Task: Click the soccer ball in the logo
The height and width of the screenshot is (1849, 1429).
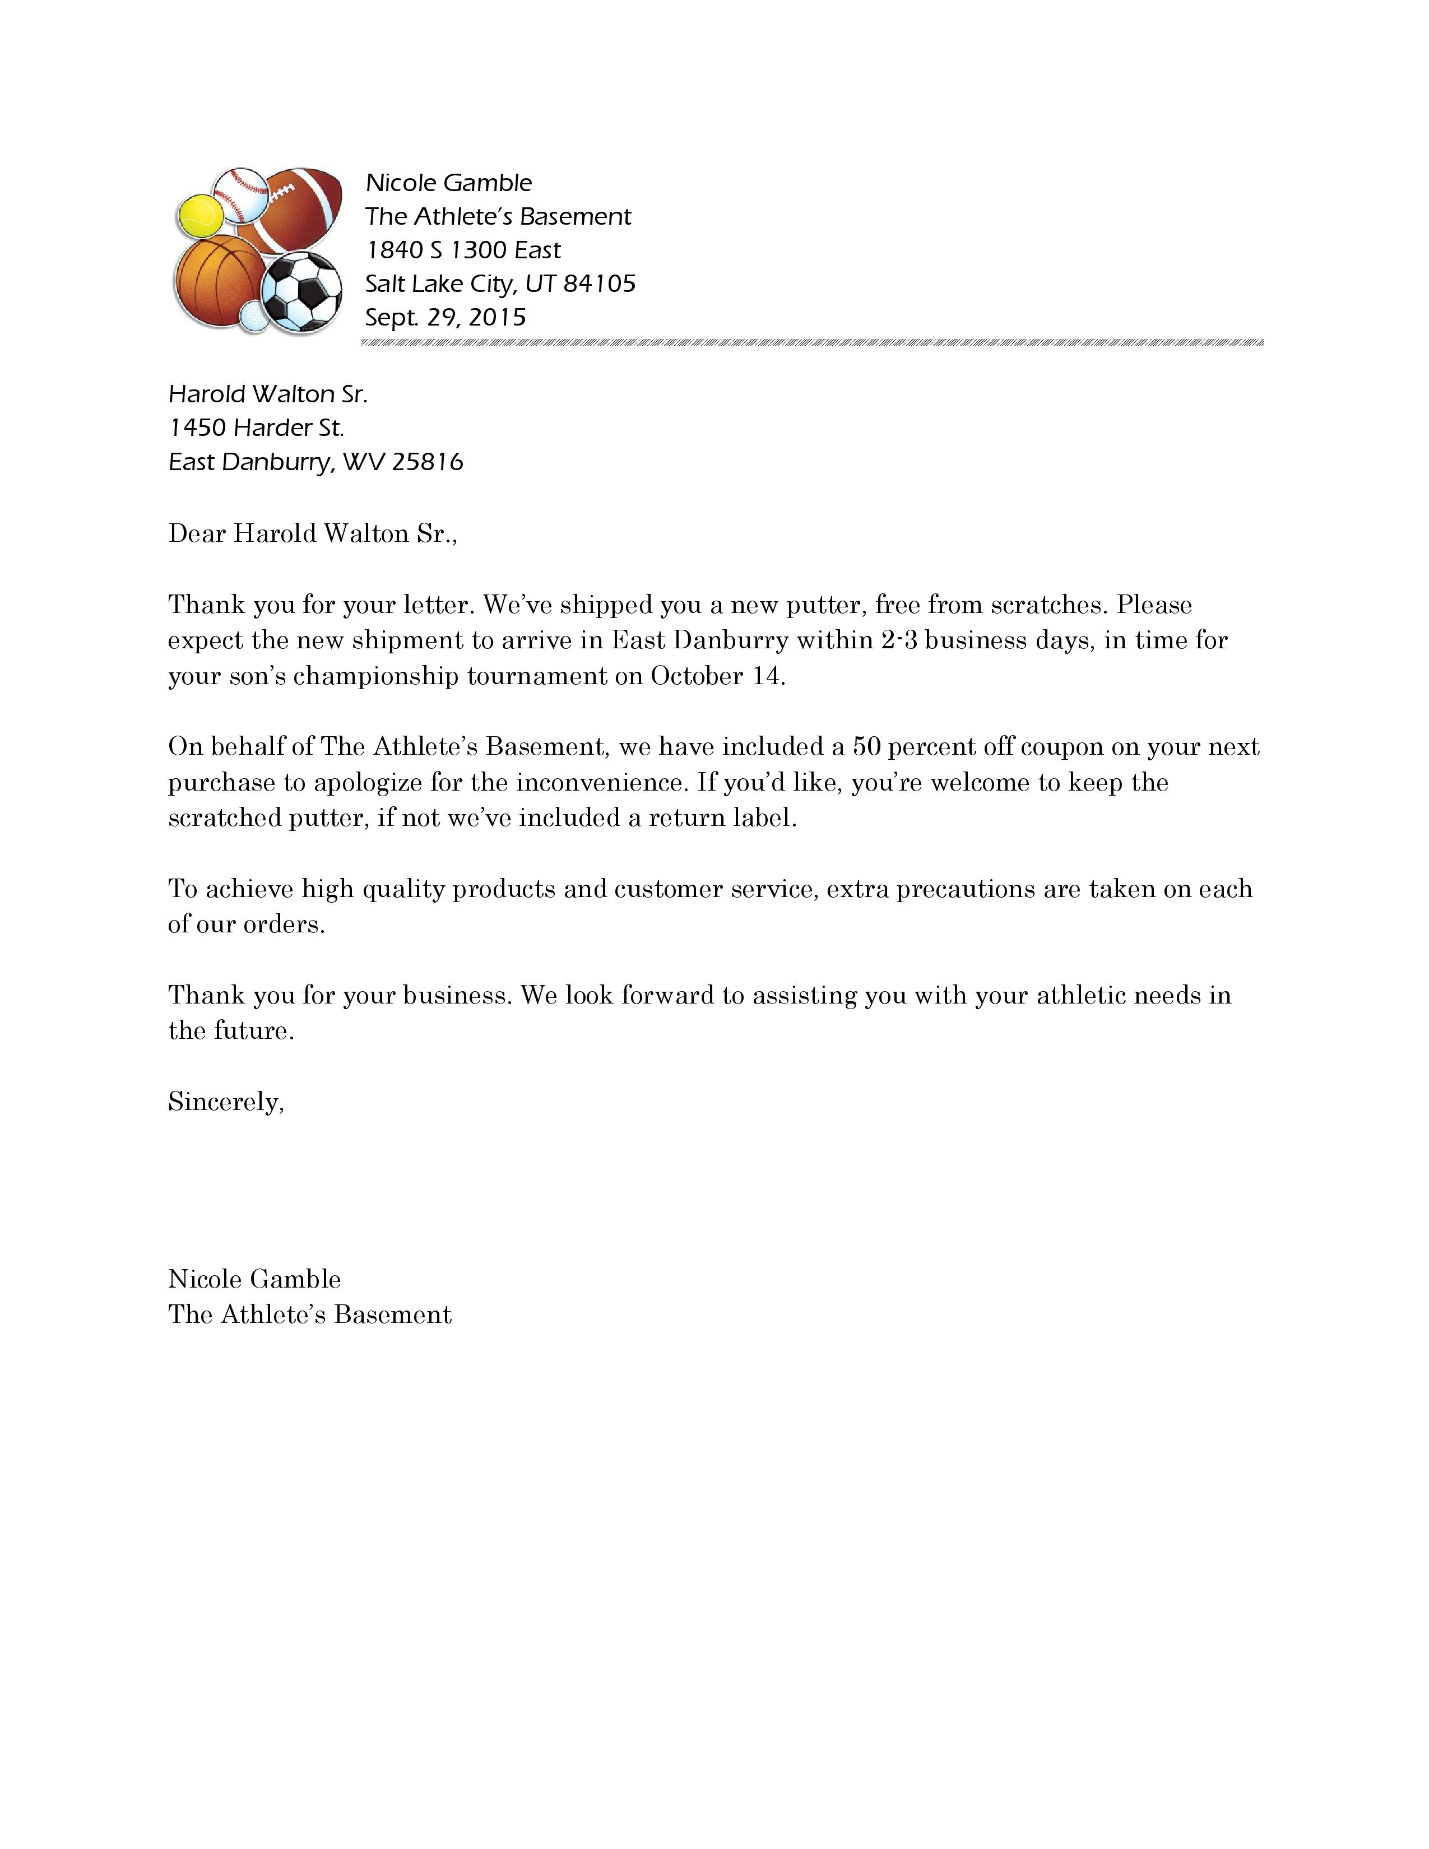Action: (x=302, y=291)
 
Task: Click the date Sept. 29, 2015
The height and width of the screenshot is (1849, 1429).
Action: (x=446, y=318)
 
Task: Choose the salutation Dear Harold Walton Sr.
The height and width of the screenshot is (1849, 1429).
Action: (x=312, y=533)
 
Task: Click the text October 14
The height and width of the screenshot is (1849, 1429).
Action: (x=717, y=676)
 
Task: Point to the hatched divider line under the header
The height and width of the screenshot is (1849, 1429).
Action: (x=812, y=343)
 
